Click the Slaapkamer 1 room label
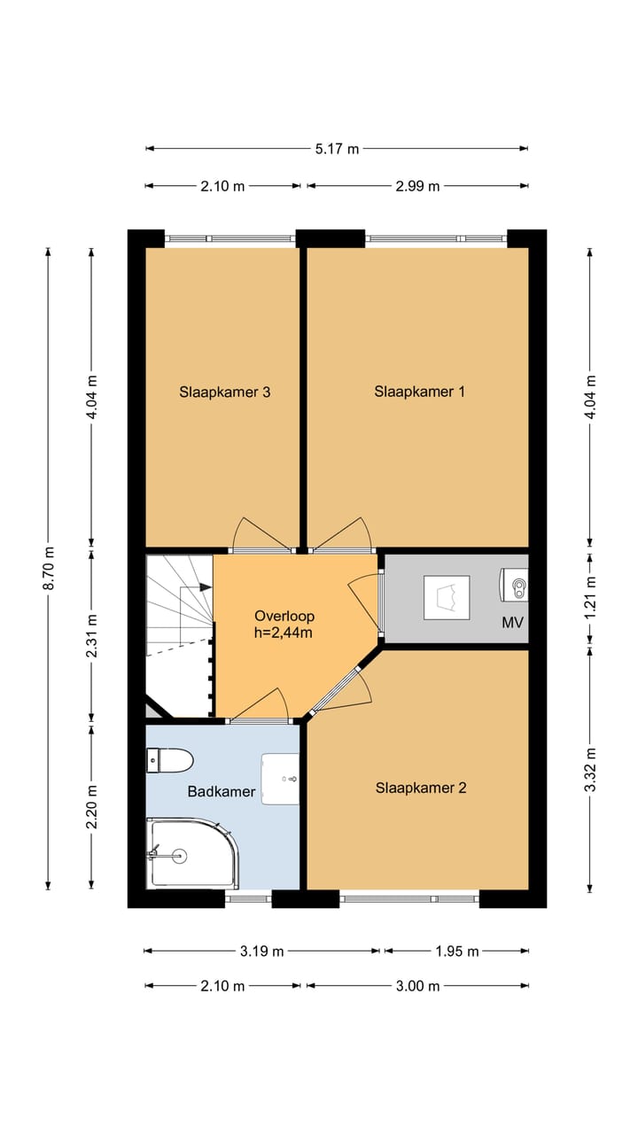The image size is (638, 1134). (419, 392)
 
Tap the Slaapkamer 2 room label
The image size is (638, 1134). (420, 788)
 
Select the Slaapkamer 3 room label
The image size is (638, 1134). (224, 392)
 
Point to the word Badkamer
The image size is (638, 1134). (222, 792)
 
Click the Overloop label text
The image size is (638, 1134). (284, 616)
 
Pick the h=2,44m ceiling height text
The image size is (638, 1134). (284, 633)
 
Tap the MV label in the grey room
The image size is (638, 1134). (512, 623)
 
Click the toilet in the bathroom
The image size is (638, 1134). (170, 760)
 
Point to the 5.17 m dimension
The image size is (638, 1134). (338, 149)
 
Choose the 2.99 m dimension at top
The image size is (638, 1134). (417, 186)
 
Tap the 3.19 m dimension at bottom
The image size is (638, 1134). (261, 951)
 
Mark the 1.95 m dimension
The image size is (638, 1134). (457, 951)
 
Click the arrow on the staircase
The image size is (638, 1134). (206, 586)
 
